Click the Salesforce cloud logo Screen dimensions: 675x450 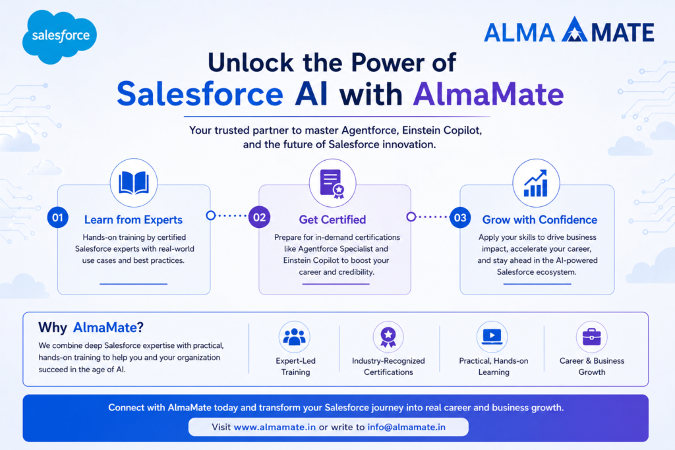click(x=59, y=37)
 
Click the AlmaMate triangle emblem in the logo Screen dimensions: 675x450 click(x=574, y=30)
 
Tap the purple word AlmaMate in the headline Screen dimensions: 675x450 click(x=488, y=94)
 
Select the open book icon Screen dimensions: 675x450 click(x=134, y=183)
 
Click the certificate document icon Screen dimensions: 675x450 click(x=332, y=184)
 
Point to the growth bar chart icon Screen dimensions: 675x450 click(x=536, y=183)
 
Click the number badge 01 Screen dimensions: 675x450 click(x=58, y=217)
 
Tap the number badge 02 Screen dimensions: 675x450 click(x=259, y=217)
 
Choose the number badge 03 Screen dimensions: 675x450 click(x=460, y=217)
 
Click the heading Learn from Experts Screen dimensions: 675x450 click(x=133, y=220)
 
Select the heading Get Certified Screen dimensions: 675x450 click(x=332, y=220)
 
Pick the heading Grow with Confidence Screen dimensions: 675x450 click(x=540, y=220)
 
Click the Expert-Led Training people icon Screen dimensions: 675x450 click(x=295, y=337)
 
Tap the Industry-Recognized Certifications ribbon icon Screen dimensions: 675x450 click(x=388, y=337)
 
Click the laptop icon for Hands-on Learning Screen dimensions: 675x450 click(x=492, y=337)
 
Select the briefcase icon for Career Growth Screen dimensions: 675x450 click(x=591, y=337)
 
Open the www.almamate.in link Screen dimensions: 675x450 click(x=275, y=427)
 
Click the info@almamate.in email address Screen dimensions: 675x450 click(x=406, y=427)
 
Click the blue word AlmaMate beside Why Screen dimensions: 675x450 click(x=105, y=327)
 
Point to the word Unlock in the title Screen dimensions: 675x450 click(x=251, y=63)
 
